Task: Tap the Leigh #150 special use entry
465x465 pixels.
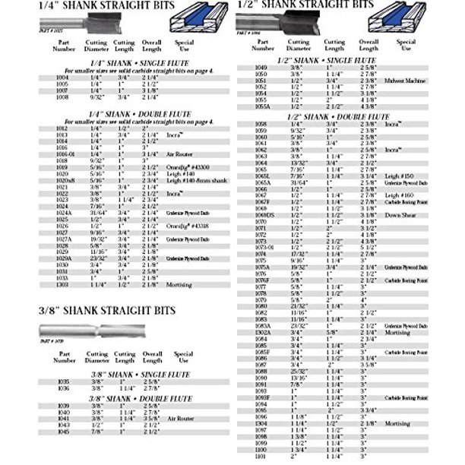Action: (x=401, y=176)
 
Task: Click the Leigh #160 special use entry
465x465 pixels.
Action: (x=401, y=195)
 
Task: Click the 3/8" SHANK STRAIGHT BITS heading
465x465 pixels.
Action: (x=106, y=311)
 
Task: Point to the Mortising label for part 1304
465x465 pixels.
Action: (x=400, y=424)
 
